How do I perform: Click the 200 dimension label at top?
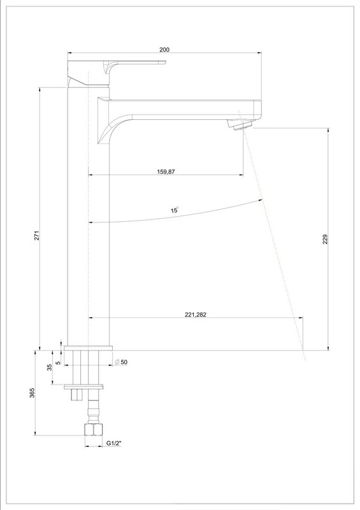[x=164, y=50]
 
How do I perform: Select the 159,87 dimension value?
[x=166, y=171]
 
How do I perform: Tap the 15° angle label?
[x=175, y=210]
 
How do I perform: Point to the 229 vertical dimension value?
[x=326, y=239]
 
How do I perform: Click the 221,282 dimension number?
[x=196, y=314]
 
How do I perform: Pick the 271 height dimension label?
[x=37, y=235]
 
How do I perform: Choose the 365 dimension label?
[x=32, y=393]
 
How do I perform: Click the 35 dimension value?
[x=50, y=368]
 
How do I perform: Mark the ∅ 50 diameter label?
[x=121, y=362]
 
